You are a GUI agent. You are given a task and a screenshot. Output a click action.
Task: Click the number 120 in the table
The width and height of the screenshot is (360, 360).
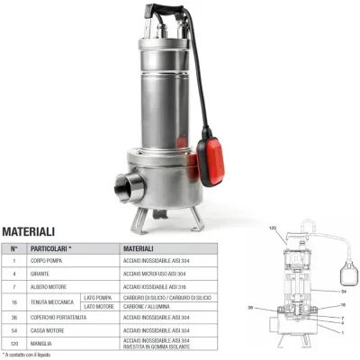[13, 344]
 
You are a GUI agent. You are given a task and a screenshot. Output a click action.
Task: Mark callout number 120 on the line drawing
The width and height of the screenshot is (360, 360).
[274, 229]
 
